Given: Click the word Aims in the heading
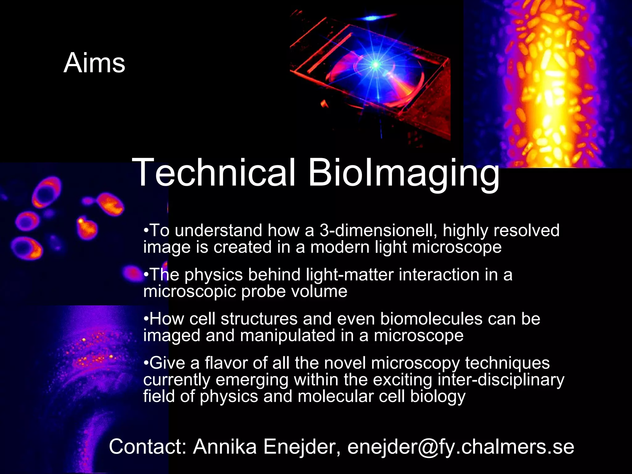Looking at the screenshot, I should (x=94, y=63).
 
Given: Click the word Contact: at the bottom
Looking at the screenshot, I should (x=148, y=447).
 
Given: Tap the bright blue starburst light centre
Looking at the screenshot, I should (x=376, y=64).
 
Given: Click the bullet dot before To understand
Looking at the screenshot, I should (x=146, y=231).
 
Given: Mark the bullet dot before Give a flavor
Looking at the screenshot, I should (x=146, y=363).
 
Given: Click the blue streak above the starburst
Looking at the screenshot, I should (x=375, y=19).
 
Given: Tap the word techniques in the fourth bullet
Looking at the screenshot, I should (x=507, y=363).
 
